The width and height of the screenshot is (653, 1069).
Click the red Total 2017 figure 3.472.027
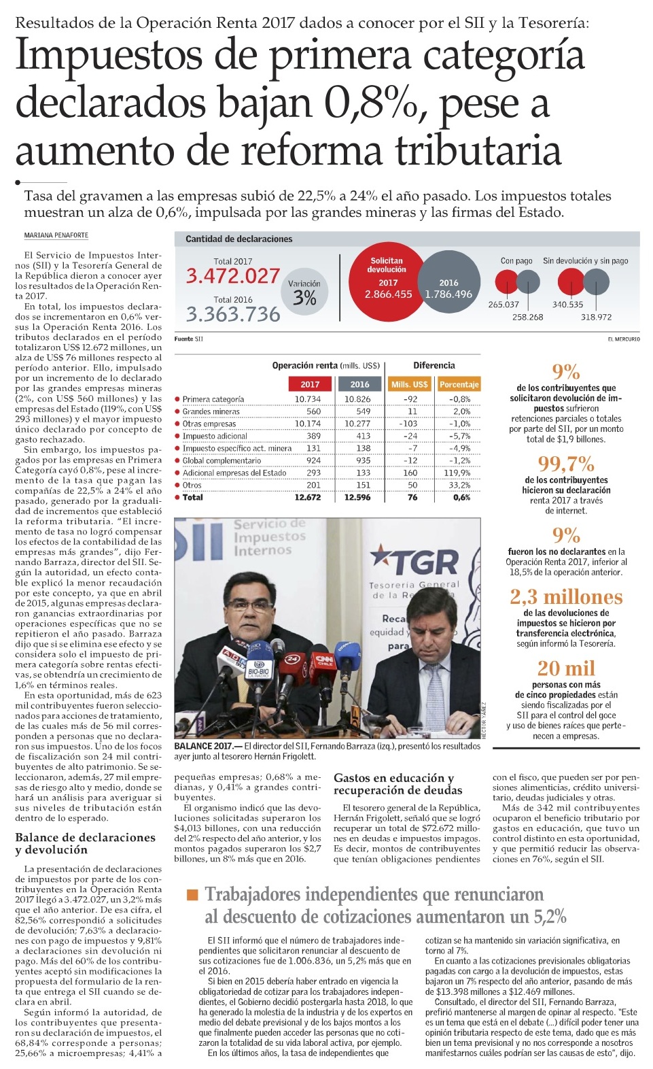tap(233, 276)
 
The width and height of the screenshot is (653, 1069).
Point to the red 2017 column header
tap(310, 384)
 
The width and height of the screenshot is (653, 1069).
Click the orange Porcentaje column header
tap(459, 384)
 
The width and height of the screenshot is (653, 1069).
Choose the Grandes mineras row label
tap(211, 411)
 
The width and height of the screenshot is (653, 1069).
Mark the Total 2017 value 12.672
tap(307, 497)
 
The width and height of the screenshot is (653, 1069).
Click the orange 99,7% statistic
tap(566, 464)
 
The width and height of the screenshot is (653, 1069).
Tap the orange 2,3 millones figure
tap(566, 597)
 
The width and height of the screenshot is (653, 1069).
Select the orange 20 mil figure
tap(566, 668)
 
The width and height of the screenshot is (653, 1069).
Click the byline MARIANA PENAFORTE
tap(56, 235)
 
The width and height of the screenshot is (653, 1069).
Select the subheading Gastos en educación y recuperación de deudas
tap(398, 784)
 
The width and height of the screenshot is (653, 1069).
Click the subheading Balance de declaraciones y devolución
tap(85, 843)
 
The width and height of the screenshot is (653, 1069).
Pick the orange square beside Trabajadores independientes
tap(192, 894)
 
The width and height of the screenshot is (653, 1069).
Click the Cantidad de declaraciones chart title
tap(239, 239)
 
